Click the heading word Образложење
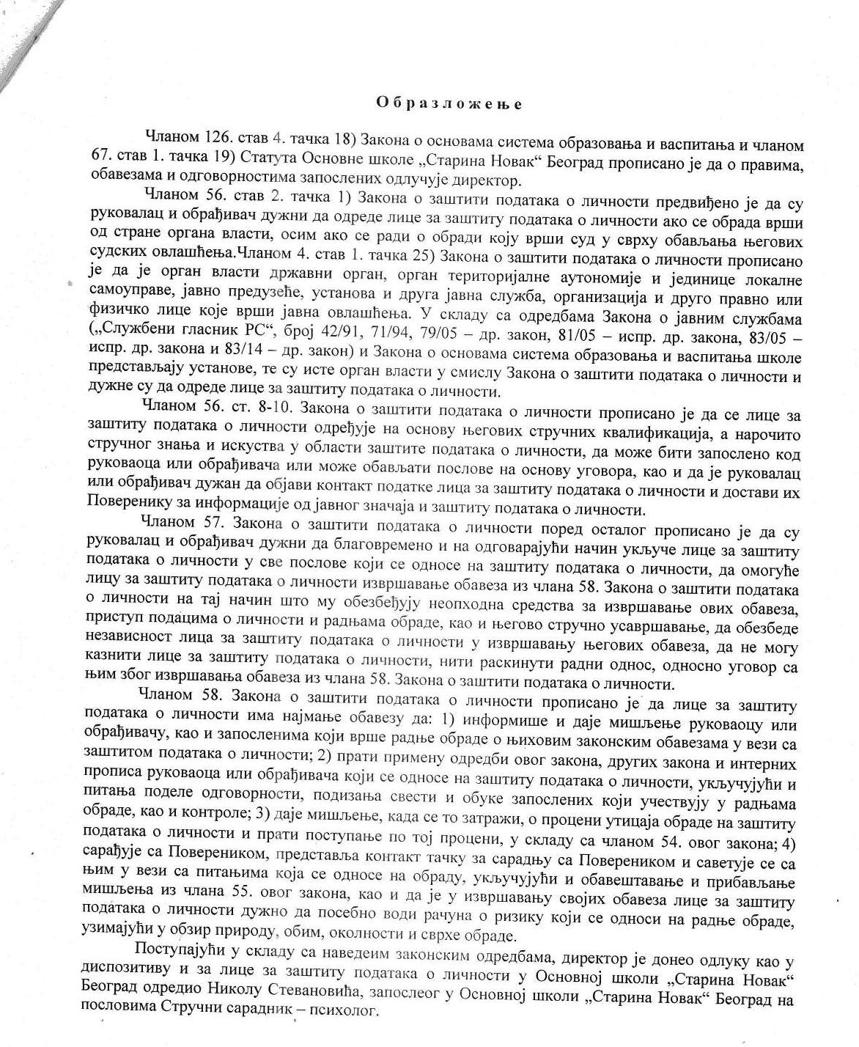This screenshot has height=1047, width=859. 449,104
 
